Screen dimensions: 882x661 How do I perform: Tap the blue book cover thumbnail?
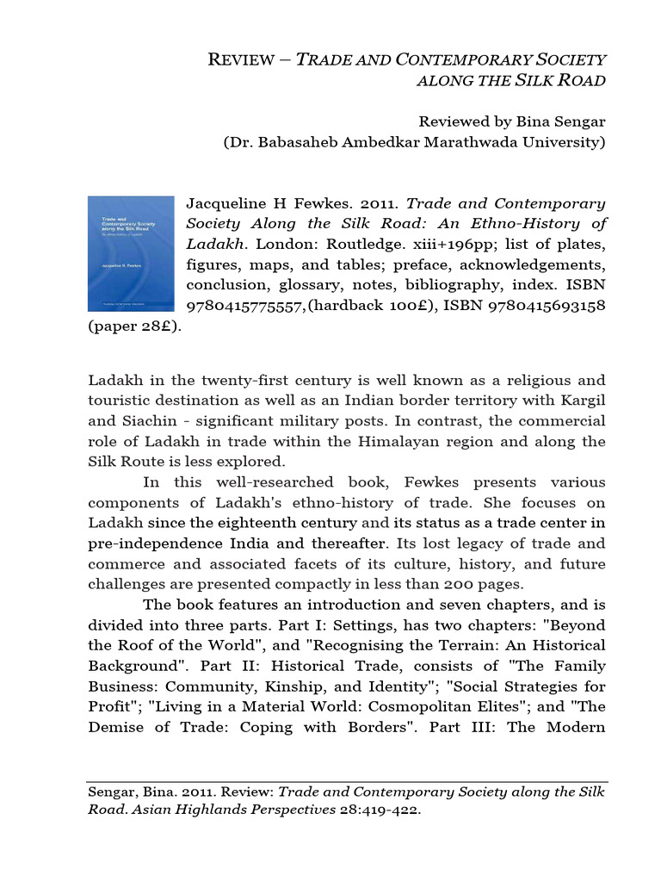(131, 253)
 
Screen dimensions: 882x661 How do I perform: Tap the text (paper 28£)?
(135, 327)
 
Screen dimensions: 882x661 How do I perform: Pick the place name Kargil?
(580, 401)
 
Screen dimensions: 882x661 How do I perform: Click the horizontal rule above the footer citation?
(348, 782)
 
